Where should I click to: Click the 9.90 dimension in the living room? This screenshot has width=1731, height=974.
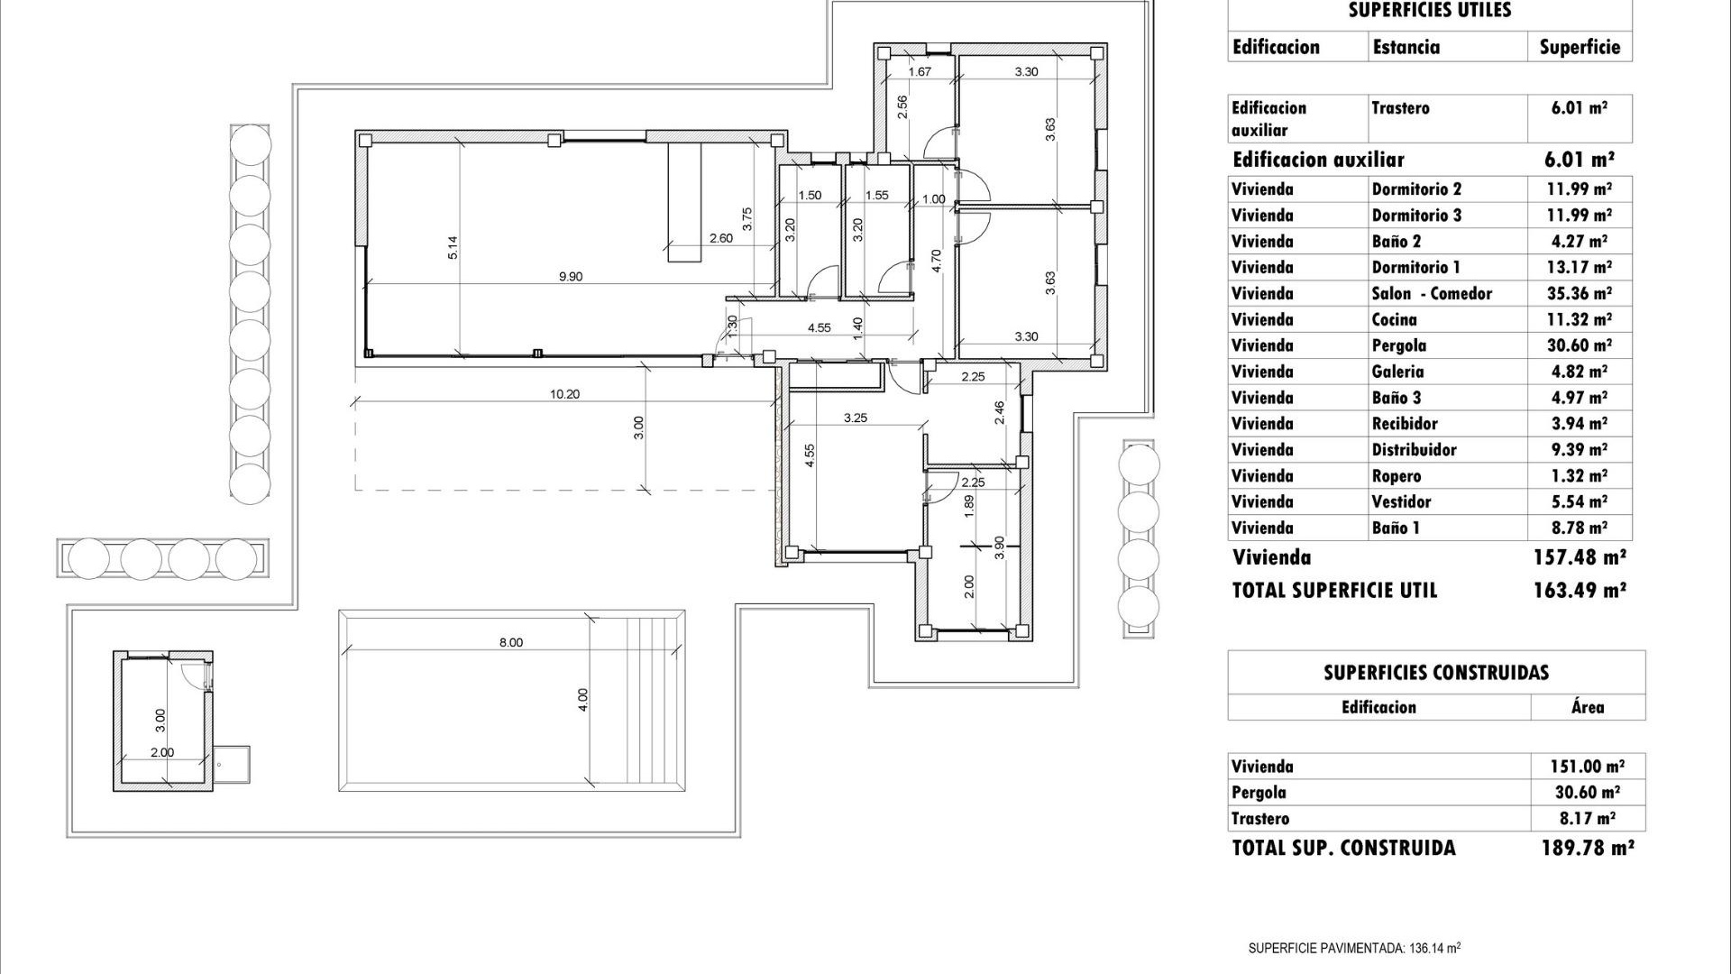pyautogui.click(x=570, y=277)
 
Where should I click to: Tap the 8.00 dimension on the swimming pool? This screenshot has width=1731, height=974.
pyautogui.click(x=510, y=643)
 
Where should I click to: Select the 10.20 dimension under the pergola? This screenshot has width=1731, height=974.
pyautogui.click(x=564, y=394)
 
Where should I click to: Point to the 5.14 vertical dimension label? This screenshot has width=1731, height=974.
pyautogui.click(x=453, y=248)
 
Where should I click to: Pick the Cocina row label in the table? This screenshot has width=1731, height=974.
pyautogui.click(x=1394, y=320)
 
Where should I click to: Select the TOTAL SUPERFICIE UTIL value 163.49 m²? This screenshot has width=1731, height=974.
pyautogui.click(x=1580, y=591)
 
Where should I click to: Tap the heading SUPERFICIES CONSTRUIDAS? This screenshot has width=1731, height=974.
pyautogui.click(x=1435, y=673)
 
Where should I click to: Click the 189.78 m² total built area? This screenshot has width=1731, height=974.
pyautogui.click(x=1587, y=848)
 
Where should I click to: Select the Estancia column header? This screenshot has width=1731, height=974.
pyautogui.click(x=1406, y=48)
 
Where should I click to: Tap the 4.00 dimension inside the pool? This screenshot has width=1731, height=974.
pyautogui.click(x=582, y=701)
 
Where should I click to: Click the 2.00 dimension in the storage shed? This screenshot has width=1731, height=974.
pyautogui.click(x=162, y=752)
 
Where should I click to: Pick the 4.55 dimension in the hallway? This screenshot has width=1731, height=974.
pyautogui.click(x=819, y=328)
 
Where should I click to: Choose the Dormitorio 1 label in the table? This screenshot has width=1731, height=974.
pyautogui.click(x=1415, y=268)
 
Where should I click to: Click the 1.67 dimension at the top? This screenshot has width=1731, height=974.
pyautogui.click(x=920, y=72)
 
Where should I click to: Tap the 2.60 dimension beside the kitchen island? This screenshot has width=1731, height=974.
pyautogui.click(x=721, y=239)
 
